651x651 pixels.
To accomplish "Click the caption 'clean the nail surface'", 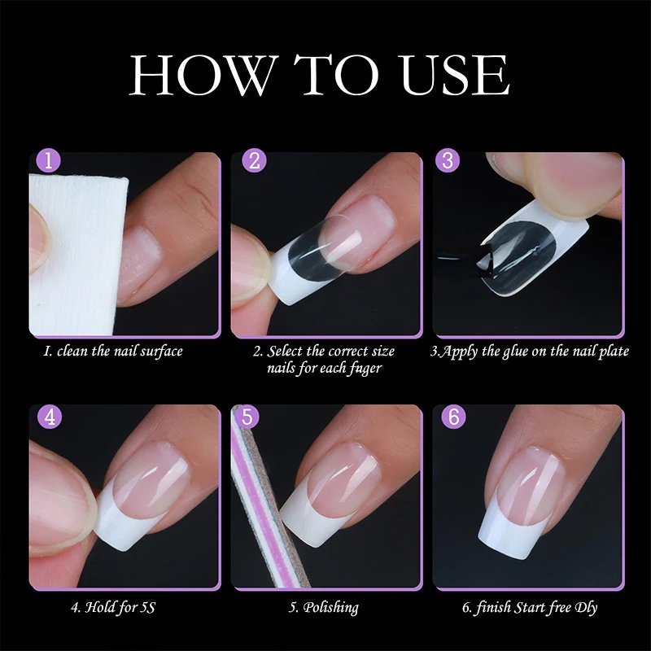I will pos(113,352).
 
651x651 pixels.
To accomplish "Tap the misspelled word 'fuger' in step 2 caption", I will pos(363,368).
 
